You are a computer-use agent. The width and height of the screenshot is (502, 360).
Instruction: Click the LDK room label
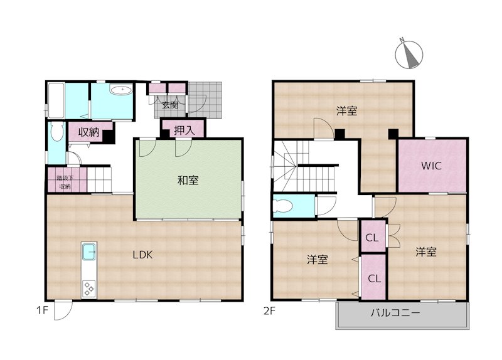pos(143,255)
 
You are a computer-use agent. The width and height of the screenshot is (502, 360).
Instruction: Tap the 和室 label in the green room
pos(188,181)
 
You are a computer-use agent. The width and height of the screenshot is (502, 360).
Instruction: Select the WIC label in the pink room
pos(431,166)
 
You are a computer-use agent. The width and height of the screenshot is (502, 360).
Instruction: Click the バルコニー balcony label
pos(395,312)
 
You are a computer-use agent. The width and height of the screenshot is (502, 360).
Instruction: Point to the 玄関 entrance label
pos(169,105)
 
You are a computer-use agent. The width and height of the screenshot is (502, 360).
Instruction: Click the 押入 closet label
pos(184,130)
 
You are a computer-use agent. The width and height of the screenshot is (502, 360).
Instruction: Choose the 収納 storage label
pos(88,132)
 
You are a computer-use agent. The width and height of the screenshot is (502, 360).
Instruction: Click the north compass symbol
pos(409,55)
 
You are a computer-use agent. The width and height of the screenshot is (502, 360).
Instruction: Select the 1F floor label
pos(42,310)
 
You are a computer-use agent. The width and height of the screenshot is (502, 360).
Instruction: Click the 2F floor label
pos(270,310)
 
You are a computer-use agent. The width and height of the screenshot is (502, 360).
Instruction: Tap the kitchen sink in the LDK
pos(89,251)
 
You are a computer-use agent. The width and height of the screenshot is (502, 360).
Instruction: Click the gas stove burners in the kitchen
pos(88,289)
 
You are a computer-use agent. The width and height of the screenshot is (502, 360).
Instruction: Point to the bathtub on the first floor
pos(56,100)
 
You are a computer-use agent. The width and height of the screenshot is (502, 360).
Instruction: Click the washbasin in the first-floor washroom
pos(120,90)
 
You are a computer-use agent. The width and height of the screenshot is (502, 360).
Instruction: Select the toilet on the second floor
pos(283,206)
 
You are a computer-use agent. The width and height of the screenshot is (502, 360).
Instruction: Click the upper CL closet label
pos(371,238)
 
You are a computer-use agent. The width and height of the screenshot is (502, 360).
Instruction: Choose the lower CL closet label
pos(374,278)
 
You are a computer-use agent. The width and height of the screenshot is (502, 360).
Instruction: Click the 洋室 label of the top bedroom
pos(347,111)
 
